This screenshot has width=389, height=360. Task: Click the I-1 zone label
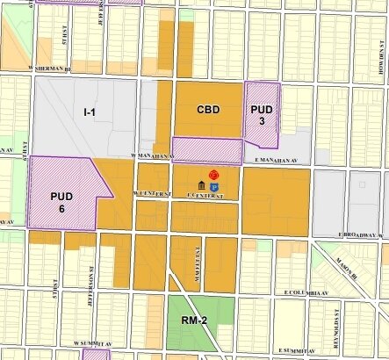pos(89,112)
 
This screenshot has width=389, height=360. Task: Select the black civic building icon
pos(203,187)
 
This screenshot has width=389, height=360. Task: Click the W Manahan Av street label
pos(148,155)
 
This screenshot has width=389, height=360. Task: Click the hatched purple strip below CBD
pos(206,150)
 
